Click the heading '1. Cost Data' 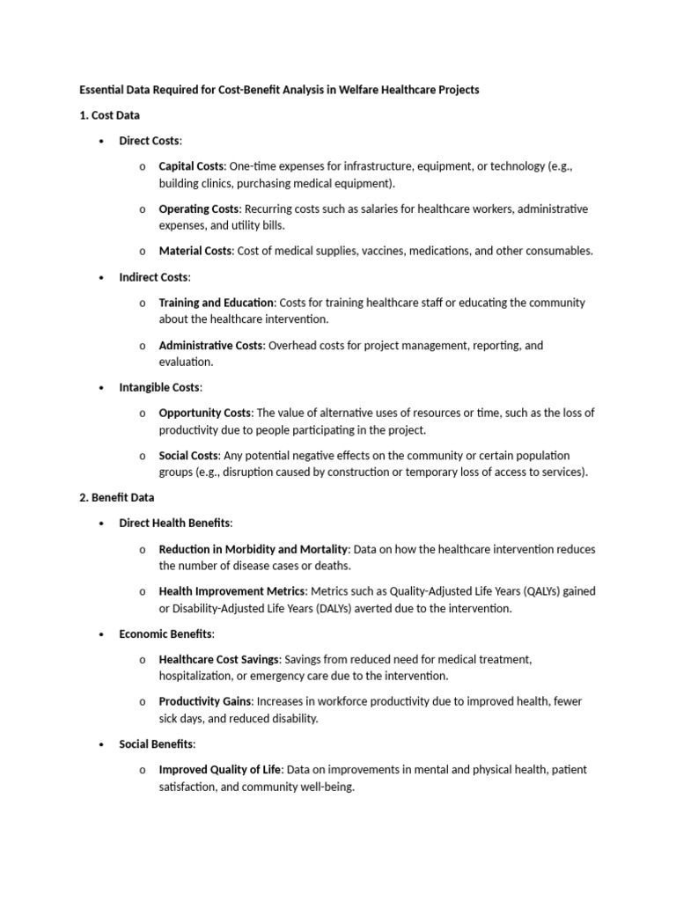click(x=109, y=115)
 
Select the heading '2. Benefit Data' click(x=117, y=497)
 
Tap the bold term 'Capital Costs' click(x=192, y=166)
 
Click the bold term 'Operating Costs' click(x=198, y=209)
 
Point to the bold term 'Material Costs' click(x=195, y=252)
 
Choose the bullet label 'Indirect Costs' click(x=153, y=277)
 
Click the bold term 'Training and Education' click(x=217, y=303)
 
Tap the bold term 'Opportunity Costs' click(x=204, y=413)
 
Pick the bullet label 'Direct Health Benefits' click(x=174, y=523)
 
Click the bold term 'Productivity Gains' click(x=205, y=701)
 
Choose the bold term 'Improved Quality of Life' click(x=218, y=770)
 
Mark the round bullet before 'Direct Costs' click(x=103, y=142)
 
